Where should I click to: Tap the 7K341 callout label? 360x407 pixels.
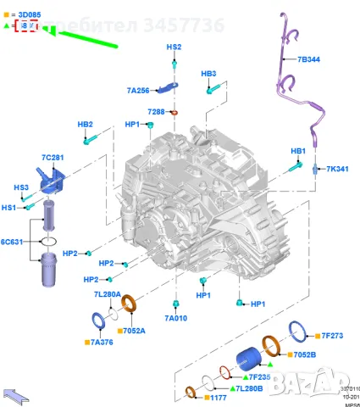tap(336, 169)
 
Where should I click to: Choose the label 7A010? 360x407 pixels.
tap(175, 318)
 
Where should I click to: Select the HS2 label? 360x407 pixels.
tap(174, 47)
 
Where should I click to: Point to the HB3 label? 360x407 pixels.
tap(209, 74)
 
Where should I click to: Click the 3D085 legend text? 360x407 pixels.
tap(25, 14)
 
